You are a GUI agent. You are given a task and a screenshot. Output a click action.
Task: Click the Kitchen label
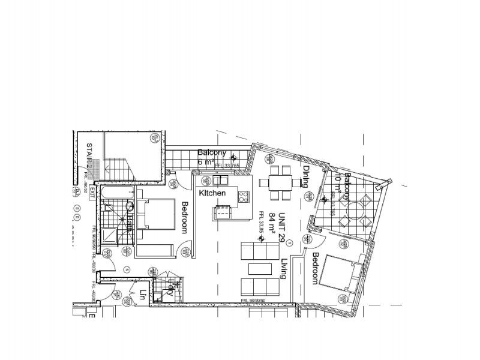[212, 193]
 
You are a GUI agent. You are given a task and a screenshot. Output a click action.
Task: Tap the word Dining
[305, 176]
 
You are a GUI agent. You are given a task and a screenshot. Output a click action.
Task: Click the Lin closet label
[143, 295]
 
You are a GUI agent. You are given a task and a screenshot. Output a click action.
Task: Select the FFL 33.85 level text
[262, 222]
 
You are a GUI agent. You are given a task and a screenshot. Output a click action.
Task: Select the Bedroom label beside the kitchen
[185, 217]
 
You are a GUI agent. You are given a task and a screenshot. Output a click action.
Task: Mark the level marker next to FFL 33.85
[261, 239]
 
